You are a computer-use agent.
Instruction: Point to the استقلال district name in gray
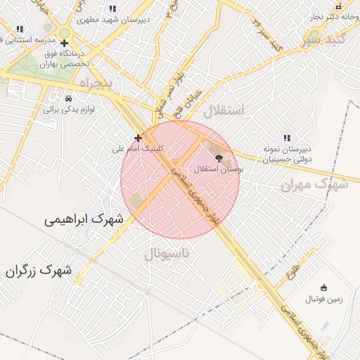click(223, 111)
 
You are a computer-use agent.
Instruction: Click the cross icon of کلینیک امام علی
click(138, 138)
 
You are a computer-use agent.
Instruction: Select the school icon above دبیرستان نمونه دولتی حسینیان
click(286, 139)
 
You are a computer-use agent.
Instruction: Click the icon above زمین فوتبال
click(323, 288)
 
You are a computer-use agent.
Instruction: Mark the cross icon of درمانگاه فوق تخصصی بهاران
click(64, 43)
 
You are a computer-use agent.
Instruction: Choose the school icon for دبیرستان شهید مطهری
click(112, 9)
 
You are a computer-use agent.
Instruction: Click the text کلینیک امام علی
click(139, 149)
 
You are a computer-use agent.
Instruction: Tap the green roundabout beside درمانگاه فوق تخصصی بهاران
click(65, 32)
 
